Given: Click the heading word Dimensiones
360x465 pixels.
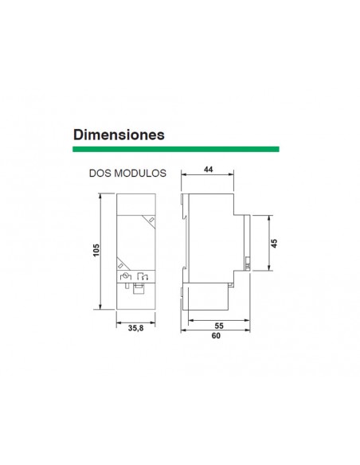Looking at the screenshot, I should point(119,134).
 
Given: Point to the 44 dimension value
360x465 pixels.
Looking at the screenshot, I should point(209,170).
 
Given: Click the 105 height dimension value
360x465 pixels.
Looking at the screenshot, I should point(95,251).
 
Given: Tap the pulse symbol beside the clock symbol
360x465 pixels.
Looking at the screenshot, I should point(143,277).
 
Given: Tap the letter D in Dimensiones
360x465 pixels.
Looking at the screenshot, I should point(79,134).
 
